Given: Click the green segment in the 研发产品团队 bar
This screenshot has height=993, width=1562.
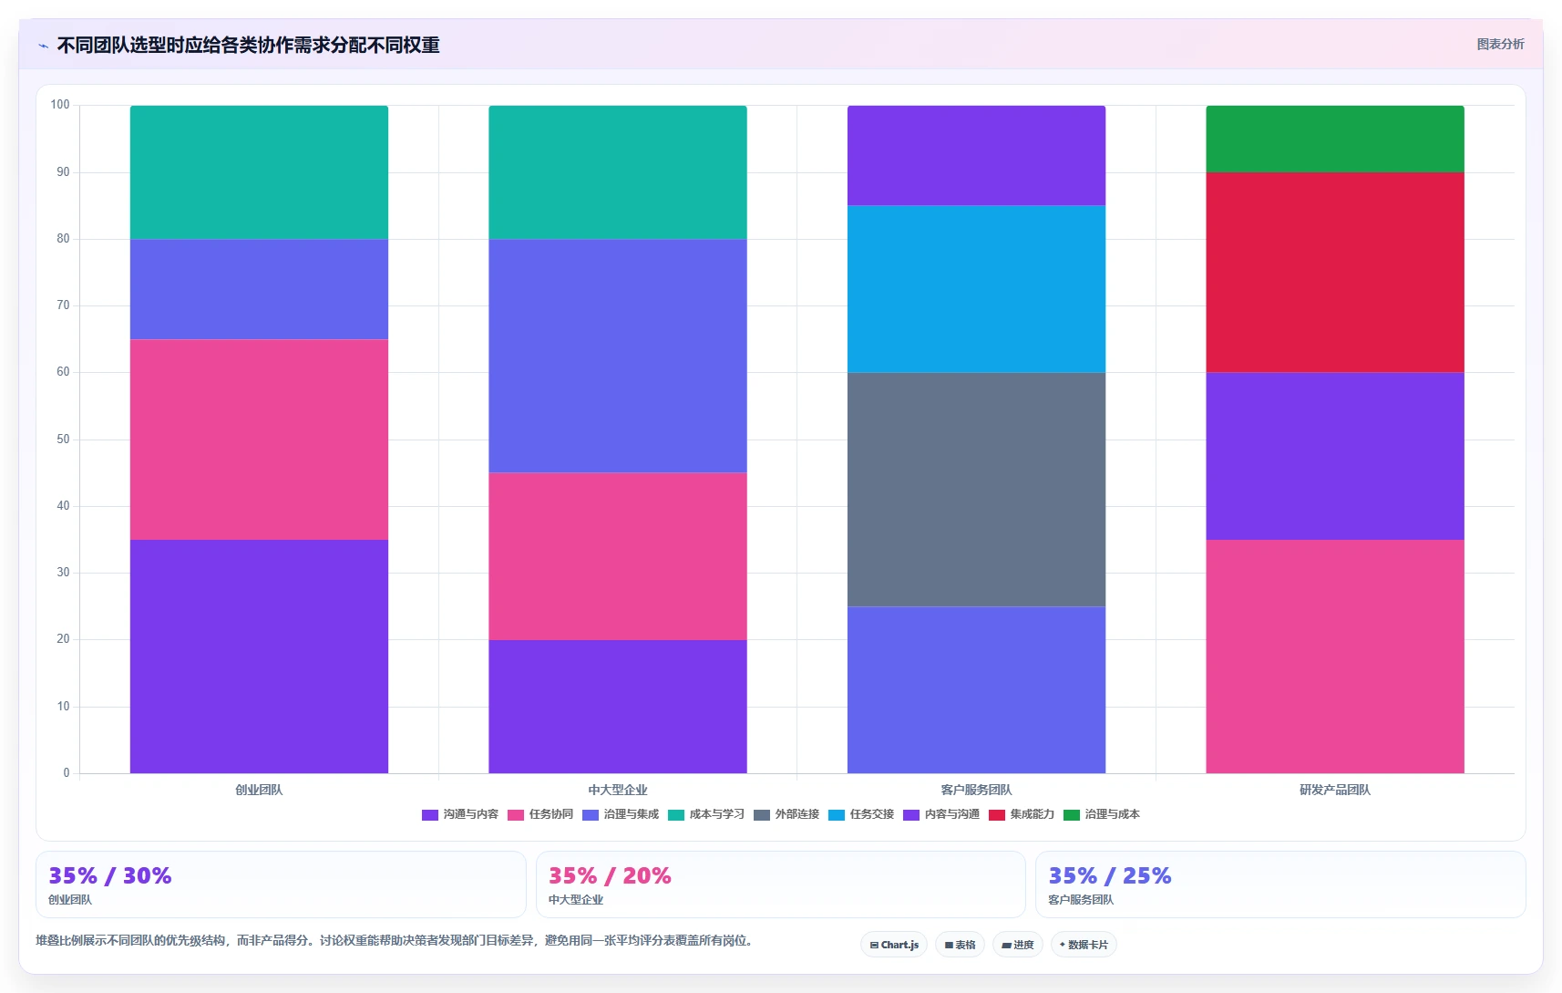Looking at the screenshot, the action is click(1335, 139).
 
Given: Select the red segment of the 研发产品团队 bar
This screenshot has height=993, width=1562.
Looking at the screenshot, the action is click(1335, 272).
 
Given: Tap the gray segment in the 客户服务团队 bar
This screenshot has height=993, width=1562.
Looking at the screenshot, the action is click(976, 490).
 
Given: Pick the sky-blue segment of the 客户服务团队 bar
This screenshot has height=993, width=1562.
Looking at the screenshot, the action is click(976, 289).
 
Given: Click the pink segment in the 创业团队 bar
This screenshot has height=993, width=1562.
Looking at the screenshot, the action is click(259, 440).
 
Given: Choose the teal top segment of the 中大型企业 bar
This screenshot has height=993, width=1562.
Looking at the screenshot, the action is click(617, 172).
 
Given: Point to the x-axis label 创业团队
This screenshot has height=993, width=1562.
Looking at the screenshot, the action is click(259, 790).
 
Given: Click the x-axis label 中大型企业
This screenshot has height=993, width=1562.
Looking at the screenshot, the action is click(617, 790).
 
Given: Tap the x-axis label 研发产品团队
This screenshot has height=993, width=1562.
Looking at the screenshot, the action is click(1335, 790).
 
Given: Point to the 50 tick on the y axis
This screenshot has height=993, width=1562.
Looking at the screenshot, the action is click(64, 439).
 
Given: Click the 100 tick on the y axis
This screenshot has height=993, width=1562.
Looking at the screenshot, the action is click(60, 105).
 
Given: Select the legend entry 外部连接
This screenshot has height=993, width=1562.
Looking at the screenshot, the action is click(786, 814).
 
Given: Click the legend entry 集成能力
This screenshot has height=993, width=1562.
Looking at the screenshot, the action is click(1022, 814).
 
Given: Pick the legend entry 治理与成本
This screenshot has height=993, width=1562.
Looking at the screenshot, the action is click(1102, 814).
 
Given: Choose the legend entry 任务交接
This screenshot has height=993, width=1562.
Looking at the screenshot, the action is click(861, 814).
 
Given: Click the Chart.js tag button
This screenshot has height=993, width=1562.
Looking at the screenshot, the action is click(894, 945).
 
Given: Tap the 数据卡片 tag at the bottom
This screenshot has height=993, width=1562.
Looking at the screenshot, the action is click(1084, 945).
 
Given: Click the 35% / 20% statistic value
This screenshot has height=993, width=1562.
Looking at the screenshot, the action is click(610, 875).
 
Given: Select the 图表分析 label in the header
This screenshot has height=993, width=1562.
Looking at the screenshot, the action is click(1500, 44).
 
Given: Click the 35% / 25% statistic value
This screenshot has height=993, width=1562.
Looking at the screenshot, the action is click(1109, 875).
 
